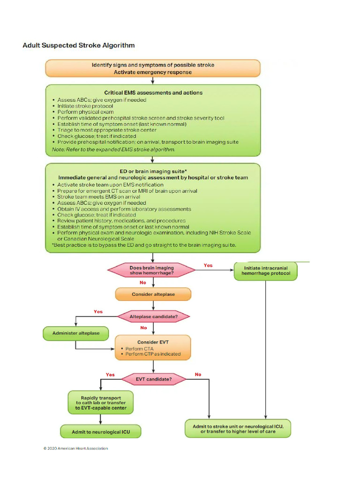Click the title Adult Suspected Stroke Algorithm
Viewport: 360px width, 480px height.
[79, 45]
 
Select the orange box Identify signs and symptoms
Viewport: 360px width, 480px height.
[153, 68]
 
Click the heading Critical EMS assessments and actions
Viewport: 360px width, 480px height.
[153, 92]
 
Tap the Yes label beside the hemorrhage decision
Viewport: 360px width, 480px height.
[208, 265]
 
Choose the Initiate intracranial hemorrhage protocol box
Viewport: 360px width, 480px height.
[266, 270]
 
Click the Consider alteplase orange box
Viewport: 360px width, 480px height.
[153, 294]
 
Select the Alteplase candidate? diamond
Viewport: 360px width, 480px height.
[153, 317]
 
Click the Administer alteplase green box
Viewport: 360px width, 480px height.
[75, 334]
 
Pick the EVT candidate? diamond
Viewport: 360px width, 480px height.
[153, 379]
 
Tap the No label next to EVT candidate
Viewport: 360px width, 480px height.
[198, 375]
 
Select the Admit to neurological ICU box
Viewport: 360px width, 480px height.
[101, 431]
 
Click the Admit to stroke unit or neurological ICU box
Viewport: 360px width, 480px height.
[238, 429]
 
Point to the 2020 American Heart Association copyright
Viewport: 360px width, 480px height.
[75, 449]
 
